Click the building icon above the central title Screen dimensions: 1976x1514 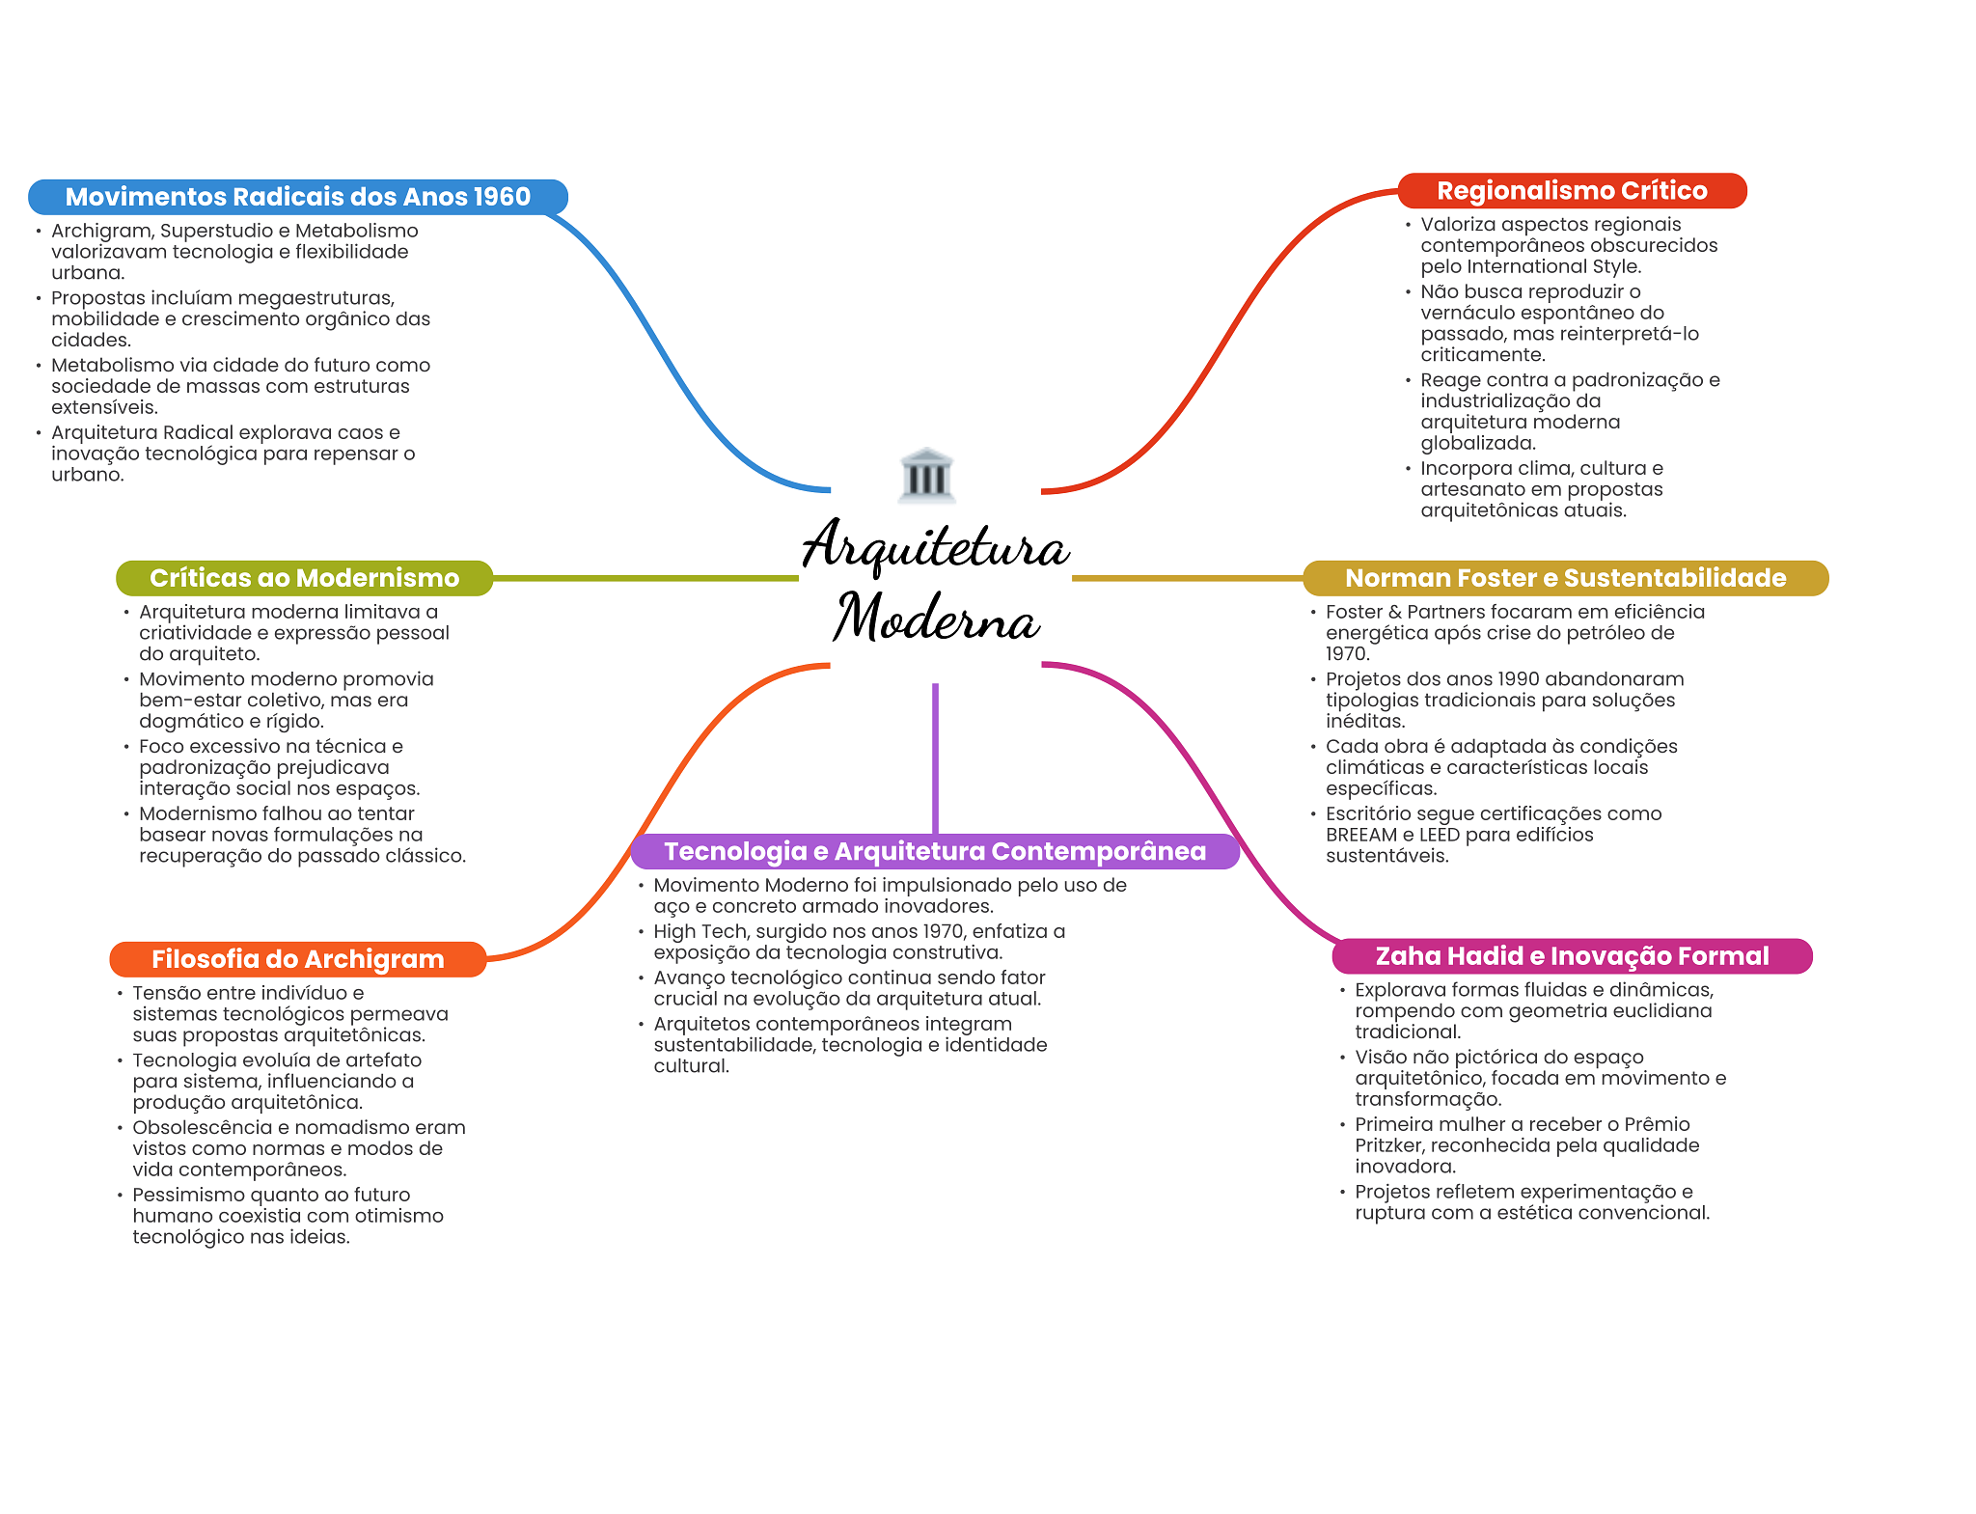pos(926,475)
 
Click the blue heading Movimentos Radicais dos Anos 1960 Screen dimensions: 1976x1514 pos(298,197)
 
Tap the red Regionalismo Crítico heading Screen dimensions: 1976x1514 pos(1572,191)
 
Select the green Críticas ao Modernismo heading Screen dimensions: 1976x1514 pos(304,578)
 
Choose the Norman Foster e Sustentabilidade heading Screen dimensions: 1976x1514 pos(1565,578)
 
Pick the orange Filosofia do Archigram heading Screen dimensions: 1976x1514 pos(297,959)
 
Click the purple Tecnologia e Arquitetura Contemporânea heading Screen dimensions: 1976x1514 pos(935,851)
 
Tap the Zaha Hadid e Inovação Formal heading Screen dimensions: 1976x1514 pos(1572,956)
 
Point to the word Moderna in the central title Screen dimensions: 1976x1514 pos(937,617)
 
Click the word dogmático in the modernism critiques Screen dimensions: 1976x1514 pos(187,722)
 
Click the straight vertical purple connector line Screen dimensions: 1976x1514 pos(935,758)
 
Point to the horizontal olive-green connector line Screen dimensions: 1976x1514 pos(645,578)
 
